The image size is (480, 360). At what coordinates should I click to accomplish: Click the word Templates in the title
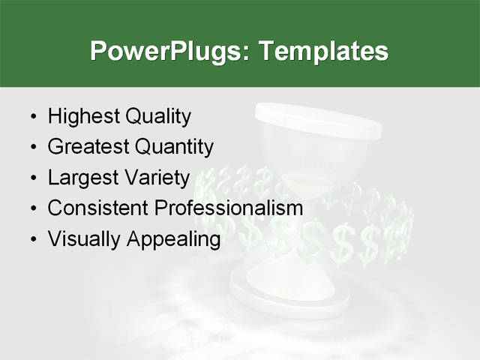(x=323, y=52)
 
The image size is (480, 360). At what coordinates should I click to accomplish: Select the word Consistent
(x=97, y=208)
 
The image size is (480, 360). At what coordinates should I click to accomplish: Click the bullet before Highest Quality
(x=31, y=118)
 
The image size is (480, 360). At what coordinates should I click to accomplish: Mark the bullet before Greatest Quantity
(x=31, y=148)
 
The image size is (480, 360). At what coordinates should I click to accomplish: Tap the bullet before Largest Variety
(x=31, y=178)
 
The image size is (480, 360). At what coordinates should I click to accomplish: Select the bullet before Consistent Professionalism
(x=31, y=209)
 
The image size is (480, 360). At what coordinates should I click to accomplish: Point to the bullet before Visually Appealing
(x=31, y=240)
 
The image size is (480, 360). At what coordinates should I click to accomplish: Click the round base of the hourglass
(x=289, y=296)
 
